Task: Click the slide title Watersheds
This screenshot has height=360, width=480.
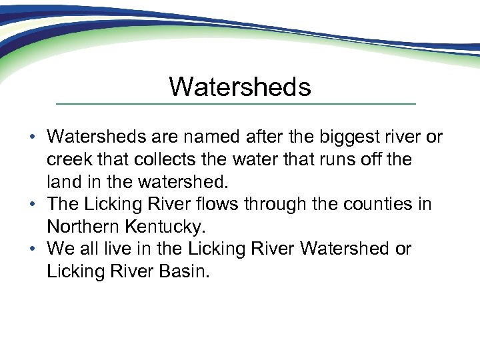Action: tap(239, 87)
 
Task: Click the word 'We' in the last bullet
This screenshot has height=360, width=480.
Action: tap(60, 249)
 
